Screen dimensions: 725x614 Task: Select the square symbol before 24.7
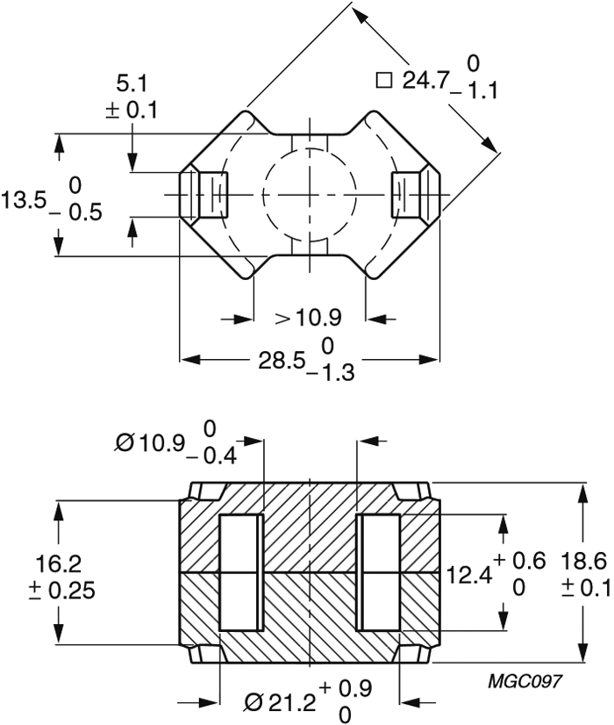point(383,81)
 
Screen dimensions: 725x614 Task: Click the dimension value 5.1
point(132,84)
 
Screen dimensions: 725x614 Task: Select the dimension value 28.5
point(280,361)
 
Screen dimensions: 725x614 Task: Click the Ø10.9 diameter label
point(150,443)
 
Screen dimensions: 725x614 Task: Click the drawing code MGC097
point(527,680)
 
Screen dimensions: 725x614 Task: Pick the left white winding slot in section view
point(240,573)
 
